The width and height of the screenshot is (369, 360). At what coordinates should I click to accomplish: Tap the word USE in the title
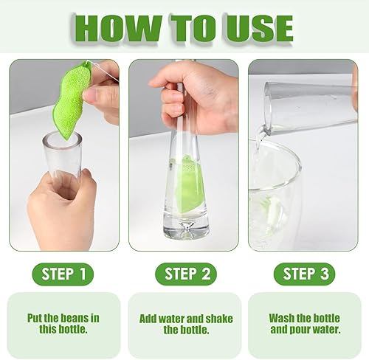point(260,28)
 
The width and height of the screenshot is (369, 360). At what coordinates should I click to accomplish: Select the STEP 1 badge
point(63,274)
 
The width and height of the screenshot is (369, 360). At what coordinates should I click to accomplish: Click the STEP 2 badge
point(186,274)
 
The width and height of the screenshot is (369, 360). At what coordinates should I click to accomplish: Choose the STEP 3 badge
point(305,274)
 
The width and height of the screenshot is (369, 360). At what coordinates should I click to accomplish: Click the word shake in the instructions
point(219,319)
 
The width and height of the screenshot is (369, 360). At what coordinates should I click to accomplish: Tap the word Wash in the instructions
point(282,318)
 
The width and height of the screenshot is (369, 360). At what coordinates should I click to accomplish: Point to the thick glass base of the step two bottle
point(187,227)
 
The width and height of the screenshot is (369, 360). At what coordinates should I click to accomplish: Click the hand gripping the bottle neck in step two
point(194,98)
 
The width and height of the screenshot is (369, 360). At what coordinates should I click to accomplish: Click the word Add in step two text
point(148,319)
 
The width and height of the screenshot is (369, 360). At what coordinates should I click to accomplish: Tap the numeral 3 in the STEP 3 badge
point(325,274)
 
